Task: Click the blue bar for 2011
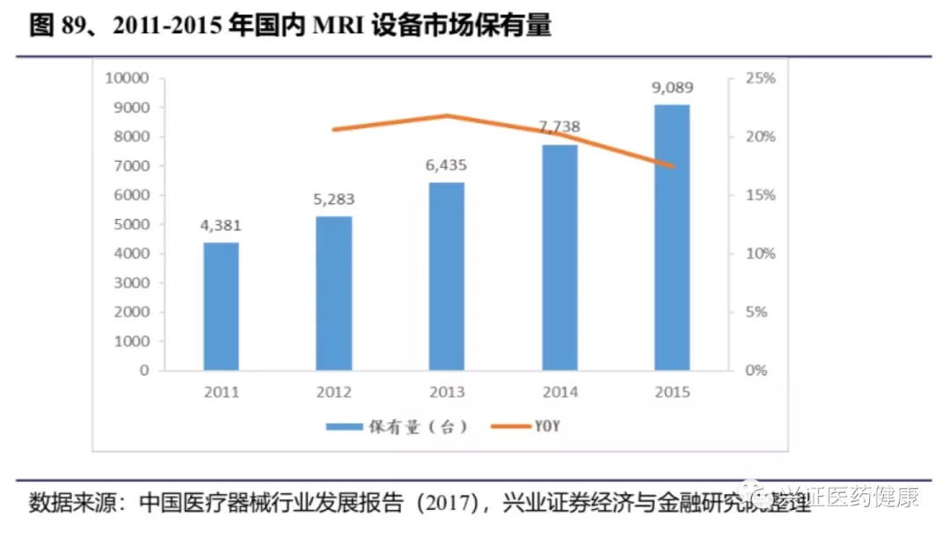221,306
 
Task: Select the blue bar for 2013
446,276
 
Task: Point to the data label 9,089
672,87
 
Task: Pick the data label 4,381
221,225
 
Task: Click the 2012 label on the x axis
333,392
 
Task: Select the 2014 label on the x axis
559,392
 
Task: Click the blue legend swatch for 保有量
344,427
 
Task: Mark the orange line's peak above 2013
446,115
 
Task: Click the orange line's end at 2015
672,166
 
